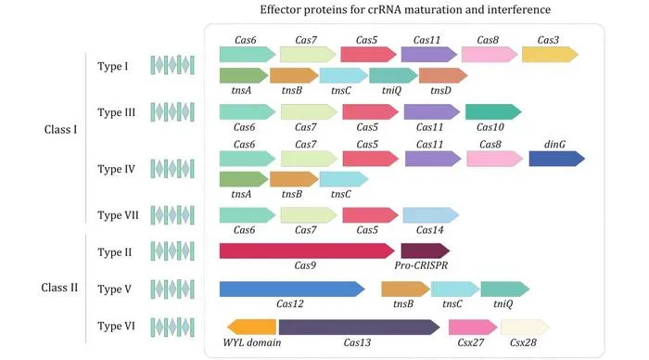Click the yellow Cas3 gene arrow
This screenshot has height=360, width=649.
550,54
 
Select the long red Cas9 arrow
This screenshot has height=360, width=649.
307,251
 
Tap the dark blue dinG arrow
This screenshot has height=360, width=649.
556,159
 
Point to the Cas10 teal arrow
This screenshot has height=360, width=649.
493,112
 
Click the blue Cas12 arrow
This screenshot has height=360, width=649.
292,289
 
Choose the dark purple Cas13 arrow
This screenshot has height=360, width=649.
360,328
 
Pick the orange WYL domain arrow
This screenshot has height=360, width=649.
251,328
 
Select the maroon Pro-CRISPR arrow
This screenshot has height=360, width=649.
425,251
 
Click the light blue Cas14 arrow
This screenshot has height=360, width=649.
431,215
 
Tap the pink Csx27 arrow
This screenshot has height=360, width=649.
473,328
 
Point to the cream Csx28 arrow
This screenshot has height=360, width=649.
526,328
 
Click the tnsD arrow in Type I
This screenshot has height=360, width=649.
443,76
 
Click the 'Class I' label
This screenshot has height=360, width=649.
60,130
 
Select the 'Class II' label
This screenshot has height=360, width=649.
59,288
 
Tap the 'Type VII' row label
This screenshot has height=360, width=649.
118,215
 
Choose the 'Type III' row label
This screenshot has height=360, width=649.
116,112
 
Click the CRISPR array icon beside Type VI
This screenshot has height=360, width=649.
172,328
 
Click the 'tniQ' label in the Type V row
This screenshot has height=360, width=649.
503,304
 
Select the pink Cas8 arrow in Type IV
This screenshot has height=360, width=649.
494,159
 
